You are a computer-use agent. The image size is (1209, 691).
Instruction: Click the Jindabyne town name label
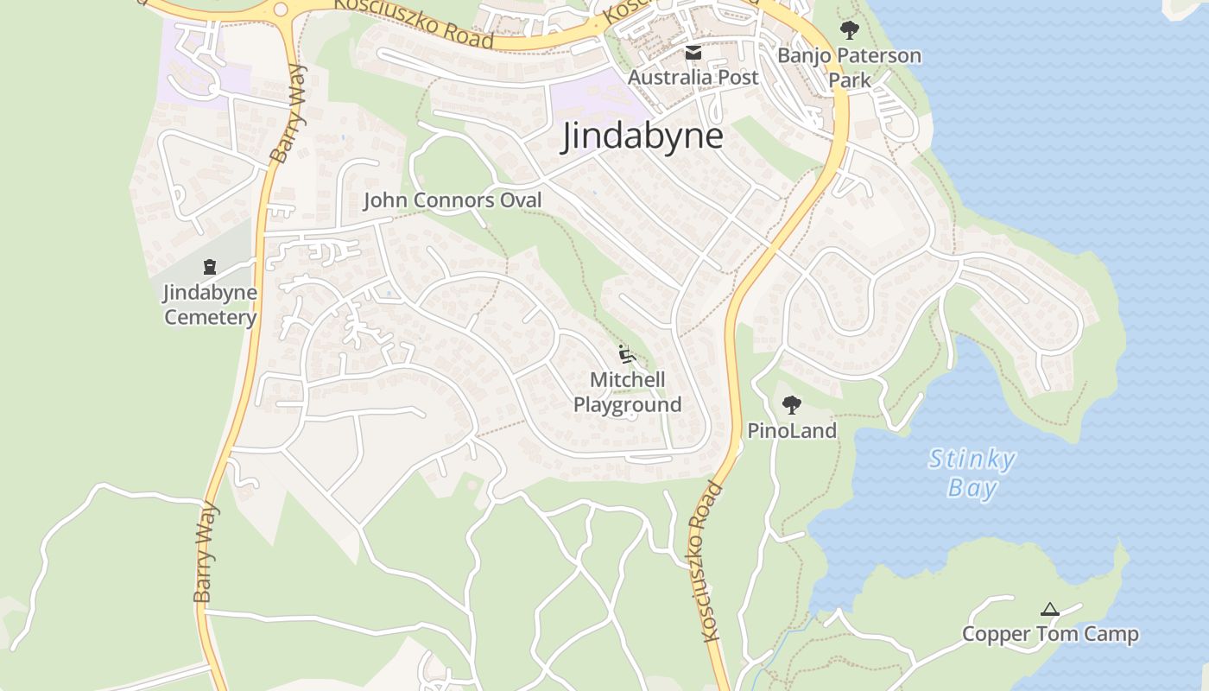(642, 136)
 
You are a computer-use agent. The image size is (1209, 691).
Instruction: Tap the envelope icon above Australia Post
(693, 54)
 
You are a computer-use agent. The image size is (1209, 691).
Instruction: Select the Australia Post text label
(693, 77)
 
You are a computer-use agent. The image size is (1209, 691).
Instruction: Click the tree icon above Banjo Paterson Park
(849, 30)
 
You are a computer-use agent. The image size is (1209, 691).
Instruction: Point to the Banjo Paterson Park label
(849, 67)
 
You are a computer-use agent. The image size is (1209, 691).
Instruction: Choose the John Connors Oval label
(453, 200)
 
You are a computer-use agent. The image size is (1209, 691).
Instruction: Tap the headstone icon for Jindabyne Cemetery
(209, 267)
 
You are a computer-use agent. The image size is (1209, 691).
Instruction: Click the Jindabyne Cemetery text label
(210, 304)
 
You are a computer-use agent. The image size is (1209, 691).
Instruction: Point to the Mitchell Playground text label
(628, 392)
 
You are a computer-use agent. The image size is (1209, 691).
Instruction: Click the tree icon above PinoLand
(791, 404)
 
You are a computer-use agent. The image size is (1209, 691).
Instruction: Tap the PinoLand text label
(792, 430)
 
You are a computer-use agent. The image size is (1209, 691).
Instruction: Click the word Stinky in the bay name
(972, 459)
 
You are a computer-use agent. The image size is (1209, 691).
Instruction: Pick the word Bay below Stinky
(972, 489)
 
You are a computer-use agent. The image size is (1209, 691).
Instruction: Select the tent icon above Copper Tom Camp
(1049, 610)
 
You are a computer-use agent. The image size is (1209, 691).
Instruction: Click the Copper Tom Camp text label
(1050, 634)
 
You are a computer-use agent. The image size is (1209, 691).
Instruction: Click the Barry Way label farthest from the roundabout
(205, 553)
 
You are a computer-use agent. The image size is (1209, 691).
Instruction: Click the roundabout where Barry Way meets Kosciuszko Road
(280, 10)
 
